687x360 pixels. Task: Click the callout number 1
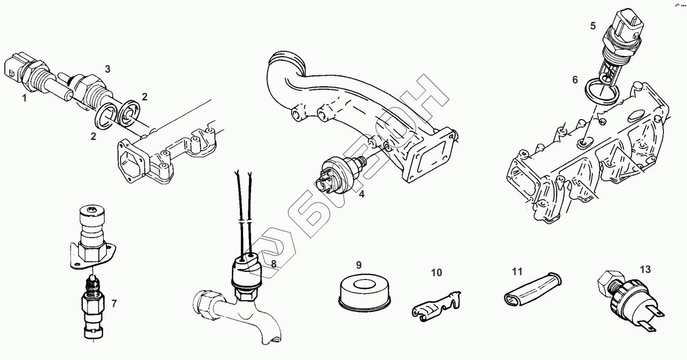tap(24, 98)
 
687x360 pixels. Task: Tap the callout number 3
tap(107, 69)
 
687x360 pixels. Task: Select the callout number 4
tap(362, 194)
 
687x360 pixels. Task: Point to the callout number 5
tap(593, 26)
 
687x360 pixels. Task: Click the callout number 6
tap(575, 80)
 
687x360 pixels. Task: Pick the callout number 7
tap(114, 304)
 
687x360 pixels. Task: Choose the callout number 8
tap(274, 263)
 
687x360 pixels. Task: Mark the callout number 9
tap(359, 265)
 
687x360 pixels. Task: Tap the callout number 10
tap(436, 273)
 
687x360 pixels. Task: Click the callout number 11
tap(517, 272)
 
